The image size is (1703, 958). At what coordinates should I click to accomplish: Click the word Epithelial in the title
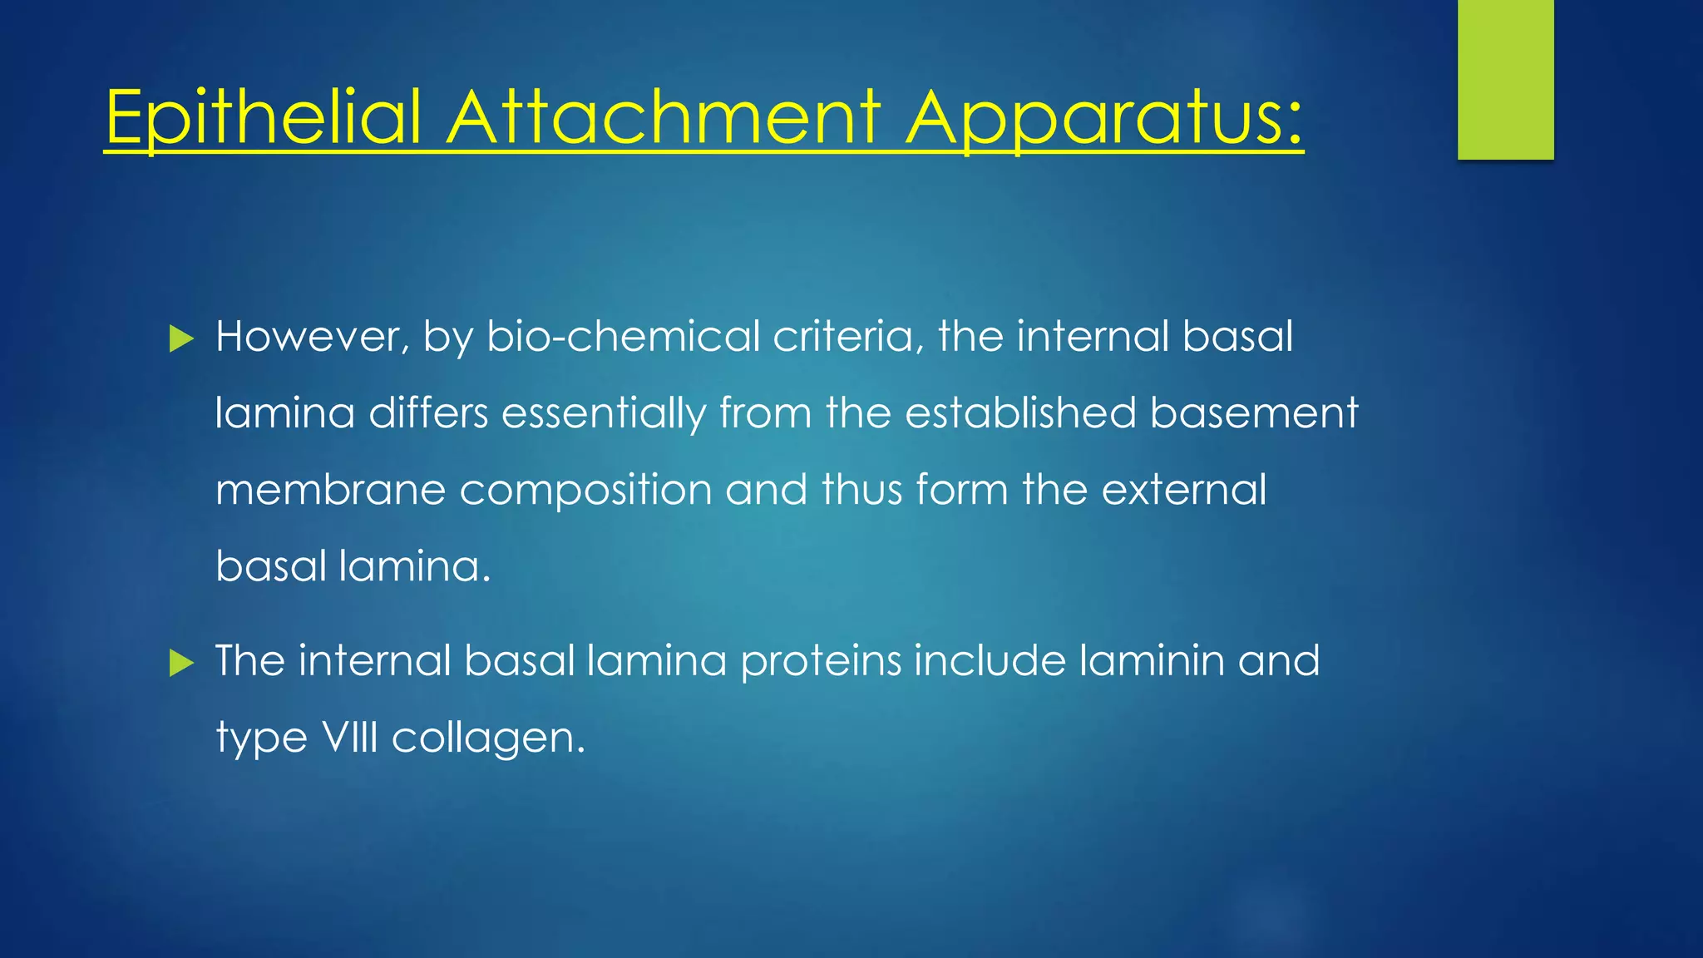[x=264, y=118]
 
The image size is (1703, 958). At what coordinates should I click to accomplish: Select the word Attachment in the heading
[x=663, y=118]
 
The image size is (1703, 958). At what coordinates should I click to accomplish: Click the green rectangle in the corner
[x=1505, y=79]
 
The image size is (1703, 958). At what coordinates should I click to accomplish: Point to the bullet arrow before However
[x=180, y=338]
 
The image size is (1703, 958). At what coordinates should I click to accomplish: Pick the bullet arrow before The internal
[x=180, y=663]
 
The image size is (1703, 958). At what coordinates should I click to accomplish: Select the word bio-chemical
[x=623, y=337]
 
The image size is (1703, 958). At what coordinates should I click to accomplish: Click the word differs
[x=428, y=413]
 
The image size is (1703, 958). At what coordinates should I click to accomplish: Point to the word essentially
[x=604, y=413]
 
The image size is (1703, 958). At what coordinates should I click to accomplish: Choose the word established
[x=1020, y=413]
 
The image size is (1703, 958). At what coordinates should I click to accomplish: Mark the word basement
[x=1254, y=413]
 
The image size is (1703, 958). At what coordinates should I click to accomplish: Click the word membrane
[x=330, y=490]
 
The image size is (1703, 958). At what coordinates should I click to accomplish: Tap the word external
[x=1184, y=490]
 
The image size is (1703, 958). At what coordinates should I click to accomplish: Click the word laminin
[x=1152, y=661]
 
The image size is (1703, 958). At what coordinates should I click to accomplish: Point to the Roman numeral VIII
[x=349, y=738]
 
